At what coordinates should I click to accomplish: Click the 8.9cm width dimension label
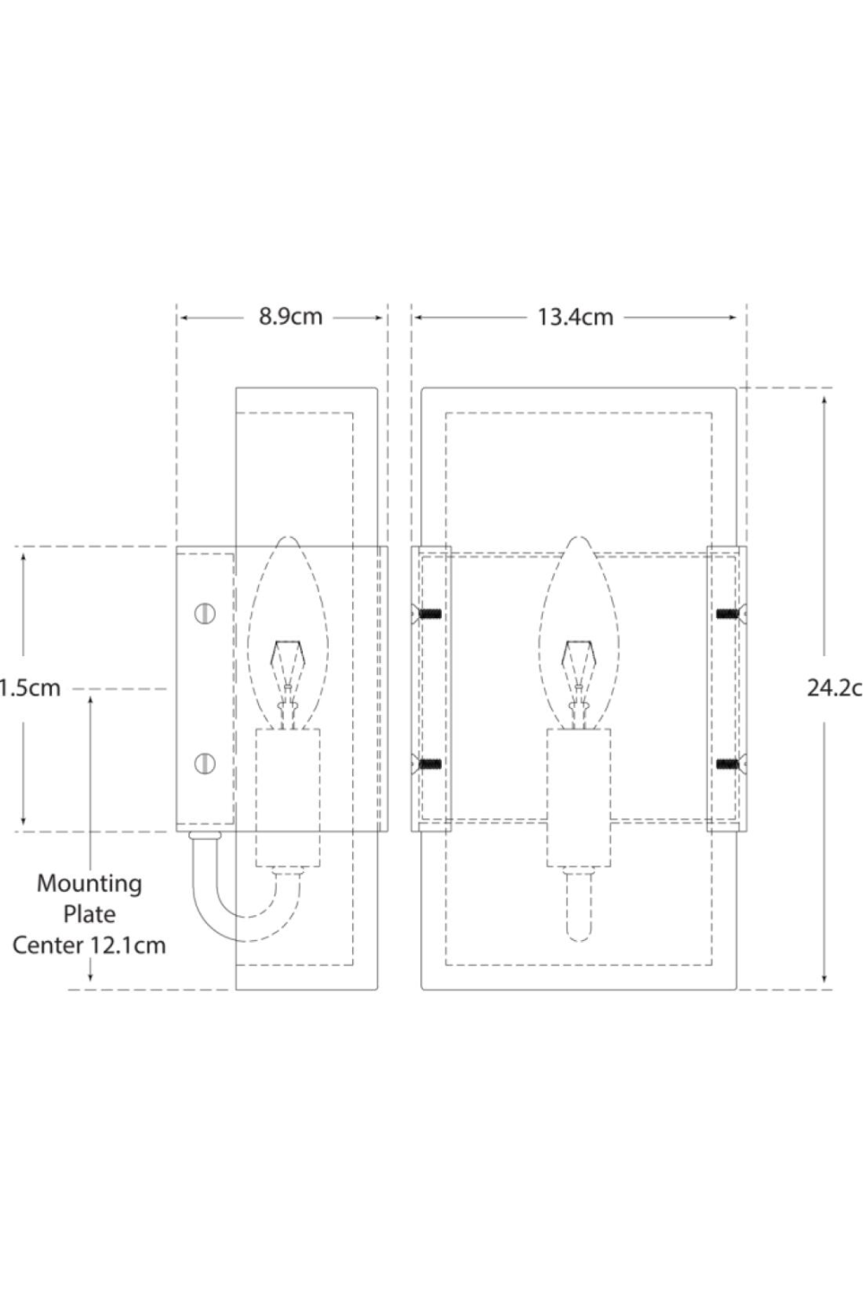pos(291,317)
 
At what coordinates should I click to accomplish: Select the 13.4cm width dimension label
pos(575,317)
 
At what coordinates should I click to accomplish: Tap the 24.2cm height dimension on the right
pos(834,688)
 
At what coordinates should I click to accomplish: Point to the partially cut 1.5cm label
pos(31,688)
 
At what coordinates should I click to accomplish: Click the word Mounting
pos(89,884)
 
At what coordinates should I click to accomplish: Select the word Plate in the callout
pos(89,913)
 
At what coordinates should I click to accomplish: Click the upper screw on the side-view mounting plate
pos(205,613)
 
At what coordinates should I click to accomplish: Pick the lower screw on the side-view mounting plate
pos(205,763)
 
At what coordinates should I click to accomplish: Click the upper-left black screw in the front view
pos(430,614)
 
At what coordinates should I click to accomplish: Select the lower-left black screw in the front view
pos(430,764)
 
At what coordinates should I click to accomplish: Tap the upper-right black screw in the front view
pos(728,614)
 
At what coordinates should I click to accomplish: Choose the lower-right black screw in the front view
pos(728,764)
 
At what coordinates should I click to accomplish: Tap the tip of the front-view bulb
pos(577,540)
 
